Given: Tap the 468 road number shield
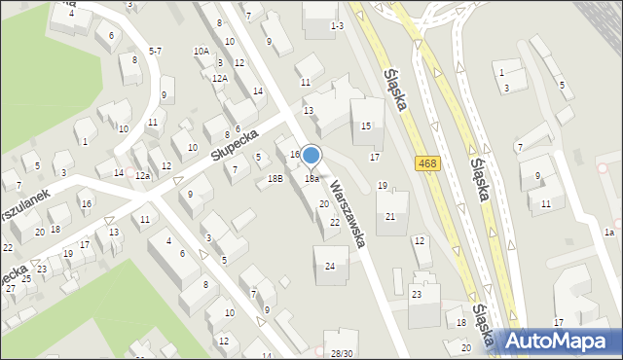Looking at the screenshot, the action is (x=425, y=163).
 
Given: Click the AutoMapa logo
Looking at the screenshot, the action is (x=558, y=342).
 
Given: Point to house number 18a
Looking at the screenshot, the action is (x=311, y=179).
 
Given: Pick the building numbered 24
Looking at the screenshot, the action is (x=331, y=266).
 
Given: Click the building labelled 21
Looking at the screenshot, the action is (x=390, y=216).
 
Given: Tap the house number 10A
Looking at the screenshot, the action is (x=201, y=51).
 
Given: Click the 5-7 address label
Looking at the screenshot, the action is (x=155, y=51).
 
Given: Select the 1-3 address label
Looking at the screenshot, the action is (x=337, y=25).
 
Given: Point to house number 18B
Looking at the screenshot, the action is (x=275, y=179).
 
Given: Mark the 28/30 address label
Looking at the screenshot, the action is (x=342, y=353).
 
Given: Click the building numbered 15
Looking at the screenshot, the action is (x=366, y=126).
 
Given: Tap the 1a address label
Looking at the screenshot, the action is (x=608, y=232).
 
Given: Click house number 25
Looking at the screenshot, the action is (x=25, y=279).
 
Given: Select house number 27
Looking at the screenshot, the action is (x=10, y=289).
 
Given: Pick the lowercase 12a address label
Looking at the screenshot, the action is (x=142, y=175).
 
